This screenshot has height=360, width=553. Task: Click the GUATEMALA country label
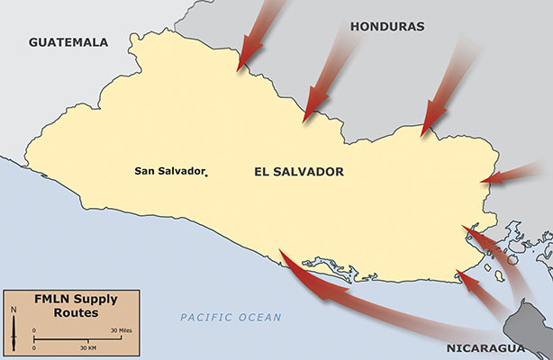pos(68,42)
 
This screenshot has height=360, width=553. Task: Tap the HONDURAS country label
pos(386,27)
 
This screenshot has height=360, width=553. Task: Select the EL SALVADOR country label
pos(299,171)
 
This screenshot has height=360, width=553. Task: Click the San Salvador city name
pos(168,170)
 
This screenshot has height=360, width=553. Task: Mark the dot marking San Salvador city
pos(207,175)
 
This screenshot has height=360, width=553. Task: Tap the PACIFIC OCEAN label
pos(230,318)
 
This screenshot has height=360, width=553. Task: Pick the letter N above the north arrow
pos(14,310)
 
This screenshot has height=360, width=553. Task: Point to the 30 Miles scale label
pos(120,331)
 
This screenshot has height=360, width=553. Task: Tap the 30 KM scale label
pos(87,347)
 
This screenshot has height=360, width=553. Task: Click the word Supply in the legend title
pos(96,300)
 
